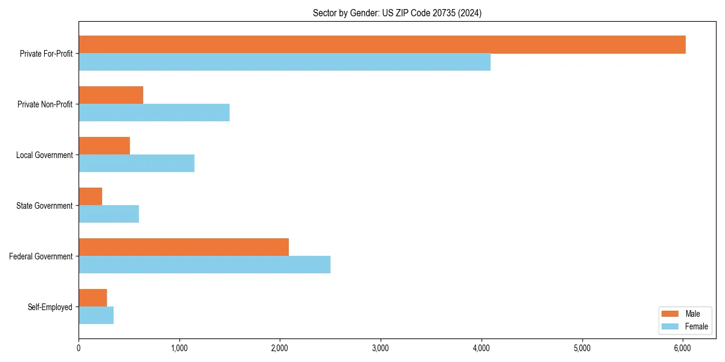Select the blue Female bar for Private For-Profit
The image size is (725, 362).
(285, 62)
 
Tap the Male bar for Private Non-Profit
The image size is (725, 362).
(111, 95)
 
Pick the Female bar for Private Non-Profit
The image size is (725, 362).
(154, 113)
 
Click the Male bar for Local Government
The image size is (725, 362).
(104, 146)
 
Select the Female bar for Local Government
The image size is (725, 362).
(137, 164)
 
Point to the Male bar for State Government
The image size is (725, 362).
(90, 197)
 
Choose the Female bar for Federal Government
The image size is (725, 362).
(204, 265)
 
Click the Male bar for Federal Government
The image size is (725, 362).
(184, 247)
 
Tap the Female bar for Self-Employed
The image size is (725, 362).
(96, 316)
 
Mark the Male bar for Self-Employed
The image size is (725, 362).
(92, 298)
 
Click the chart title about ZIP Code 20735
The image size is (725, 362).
(397, 13)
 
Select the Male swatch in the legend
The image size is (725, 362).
(670, 314)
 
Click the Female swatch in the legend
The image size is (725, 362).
(670, 326)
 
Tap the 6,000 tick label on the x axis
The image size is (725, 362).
(682, 348)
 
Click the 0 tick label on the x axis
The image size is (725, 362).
(79, 348)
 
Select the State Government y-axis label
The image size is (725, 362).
(45, 206)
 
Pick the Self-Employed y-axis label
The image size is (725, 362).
(50, 307)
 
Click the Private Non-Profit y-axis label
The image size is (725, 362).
(45, 104)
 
